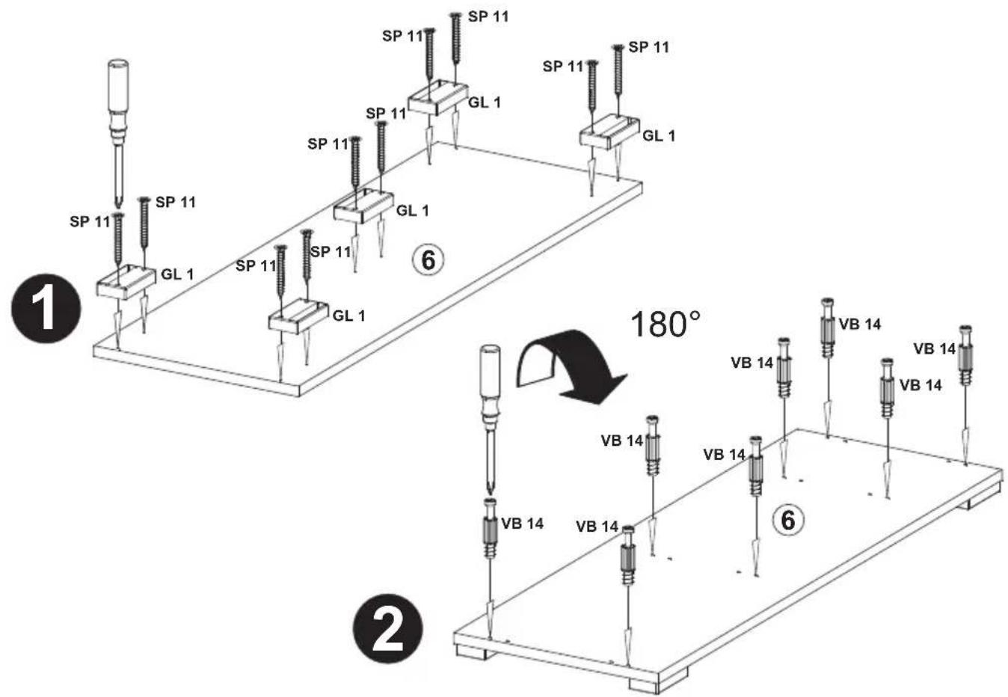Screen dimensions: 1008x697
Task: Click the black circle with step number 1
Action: point(46,309)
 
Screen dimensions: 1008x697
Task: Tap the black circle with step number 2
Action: point(388,629)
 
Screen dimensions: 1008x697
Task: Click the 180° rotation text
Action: point(665,325)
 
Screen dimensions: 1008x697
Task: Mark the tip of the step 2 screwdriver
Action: point(491,495)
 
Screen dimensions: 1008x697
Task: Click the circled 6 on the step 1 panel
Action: point(428,260)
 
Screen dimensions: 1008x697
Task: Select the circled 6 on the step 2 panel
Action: point(788,521)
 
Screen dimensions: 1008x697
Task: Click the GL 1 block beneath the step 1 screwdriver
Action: point(126,282)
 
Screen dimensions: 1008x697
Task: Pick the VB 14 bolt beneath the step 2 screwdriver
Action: point(491,528)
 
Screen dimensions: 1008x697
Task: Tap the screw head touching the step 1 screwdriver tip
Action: point(118,215)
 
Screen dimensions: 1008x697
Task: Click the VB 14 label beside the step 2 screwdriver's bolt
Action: point(523,523)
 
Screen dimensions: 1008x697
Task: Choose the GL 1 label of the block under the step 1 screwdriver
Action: point(177,274)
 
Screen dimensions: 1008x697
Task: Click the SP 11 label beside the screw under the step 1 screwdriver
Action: point(90,221)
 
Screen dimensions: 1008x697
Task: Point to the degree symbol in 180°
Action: point(695,316)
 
